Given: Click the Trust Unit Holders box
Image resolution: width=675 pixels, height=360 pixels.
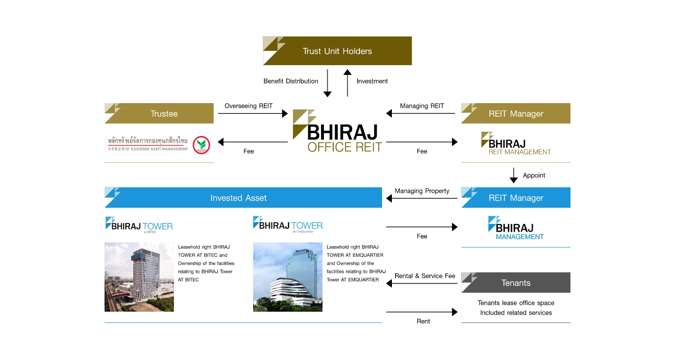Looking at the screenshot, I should point(337,51).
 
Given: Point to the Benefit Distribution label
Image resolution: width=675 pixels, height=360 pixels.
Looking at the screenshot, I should point(291,81).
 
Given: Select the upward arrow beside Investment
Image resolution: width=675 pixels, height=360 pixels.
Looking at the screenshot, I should point(347,83).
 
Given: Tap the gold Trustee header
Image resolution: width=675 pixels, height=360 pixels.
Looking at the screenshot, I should point(159,113).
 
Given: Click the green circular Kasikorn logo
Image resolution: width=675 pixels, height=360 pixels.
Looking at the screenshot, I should point(202,145).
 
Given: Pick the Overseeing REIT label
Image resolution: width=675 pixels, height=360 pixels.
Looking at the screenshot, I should point(248,105).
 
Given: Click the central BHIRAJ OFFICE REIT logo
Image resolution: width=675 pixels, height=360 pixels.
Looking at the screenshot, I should point(337,131).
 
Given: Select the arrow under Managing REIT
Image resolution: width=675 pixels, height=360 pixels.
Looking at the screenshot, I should point(420,113).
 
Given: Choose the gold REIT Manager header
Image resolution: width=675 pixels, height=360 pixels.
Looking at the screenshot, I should point(516,113).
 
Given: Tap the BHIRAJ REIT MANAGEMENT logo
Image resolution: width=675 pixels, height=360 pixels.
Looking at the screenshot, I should point(516,143).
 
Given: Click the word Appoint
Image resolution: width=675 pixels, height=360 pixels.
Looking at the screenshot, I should point(534,175).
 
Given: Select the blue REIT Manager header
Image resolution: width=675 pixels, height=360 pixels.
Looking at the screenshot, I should point(516,198).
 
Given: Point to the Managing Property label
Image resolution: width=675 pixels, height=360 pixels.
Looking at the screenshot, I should point(422,191).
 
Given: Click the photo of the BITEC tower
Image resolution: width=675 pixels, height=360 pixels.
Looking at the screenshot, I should point(139,277).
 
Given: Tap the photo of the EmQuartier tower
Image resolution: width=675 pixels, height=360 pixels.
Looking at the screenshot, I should point(288,277).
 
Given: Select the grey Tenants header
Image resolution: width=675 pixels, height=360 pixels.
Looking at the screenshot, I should point(516,283).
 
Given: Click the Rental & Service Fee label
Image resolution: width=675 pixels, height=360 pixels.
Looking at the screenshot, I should point(425,276).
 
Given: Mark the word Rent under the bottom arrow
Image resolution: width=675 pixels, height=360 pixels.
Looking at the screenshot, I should point(423,321).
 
